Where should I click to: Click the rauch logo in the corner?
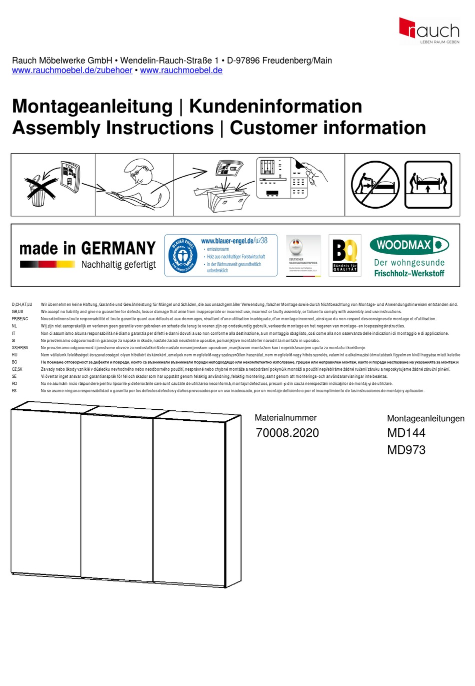pos(429,31)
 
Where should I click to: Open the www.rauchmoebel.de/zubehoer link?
pos(72,71)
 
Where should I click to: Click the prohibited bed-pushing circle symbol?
pos(375,185)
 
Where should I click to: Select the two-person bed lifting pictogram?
pos(428,184)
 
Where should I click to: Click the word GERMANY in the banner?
pos(118,249)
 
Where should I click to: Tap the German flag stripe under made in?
pos(47,264)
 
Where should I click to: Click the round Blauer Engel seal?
pos(182,256)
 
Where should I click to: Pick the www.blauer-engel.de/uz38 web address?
pos(234,241)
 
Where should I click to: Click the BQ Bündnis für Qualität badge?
pos(345,256)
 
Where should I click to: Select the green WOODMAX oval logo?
pos(409,245)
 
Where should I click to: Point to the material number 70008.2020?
pos(287,433)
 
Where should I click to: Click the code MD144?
pos(406,433)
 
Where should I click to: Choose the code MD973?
pos(406,450)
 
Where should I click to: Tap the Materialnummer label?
pos(285,418)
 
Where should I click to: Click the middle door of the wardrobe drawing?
pos(117,495)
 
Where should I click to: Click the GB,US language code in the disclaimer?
pos(17,312)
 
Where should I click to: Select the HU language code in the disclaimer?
pos(14,355)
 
